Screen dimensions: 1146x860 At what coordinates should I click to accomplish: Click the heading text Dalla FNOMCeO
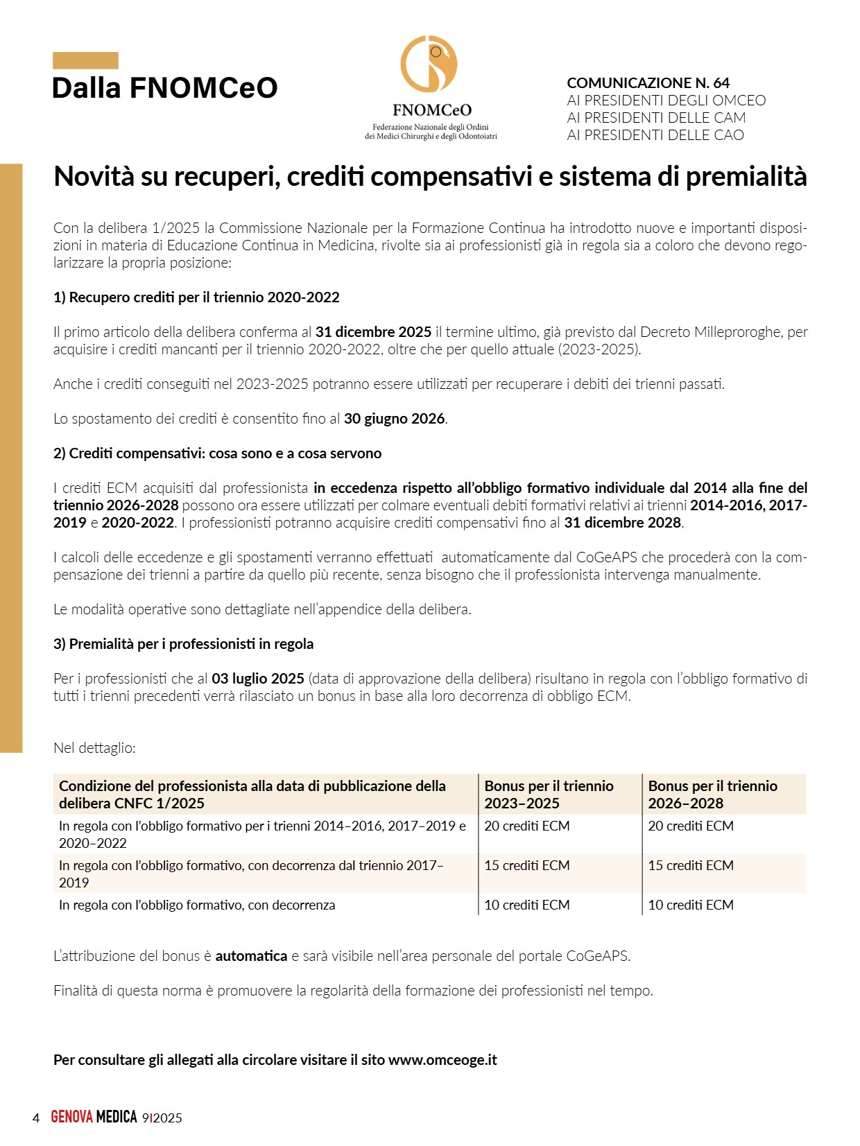click(x=164, y=88)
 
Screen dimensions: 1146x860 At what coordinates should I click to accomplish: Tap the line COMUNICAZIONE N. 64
click(x=648, y=83)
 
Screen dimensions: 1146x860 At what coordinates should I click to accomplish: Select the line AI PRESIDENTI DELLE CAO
click(x=655, y=135)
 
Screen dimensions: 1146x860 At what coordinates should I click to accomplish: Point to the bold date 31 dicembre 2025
click(x=373, y=332)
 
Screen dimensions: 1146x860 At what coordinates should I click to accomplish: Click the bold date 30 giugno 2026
click(x=395, y=419)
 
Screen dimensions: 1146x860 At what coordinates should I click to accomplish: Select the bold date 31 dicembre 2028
click(x=623, y=523)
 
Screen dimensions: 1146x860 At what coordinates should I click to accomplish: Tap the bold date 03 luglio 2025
click(x=257, y=679)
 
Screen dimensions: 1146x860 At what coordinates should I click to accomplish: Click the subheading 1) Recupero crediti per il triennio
click(x=196, y=297)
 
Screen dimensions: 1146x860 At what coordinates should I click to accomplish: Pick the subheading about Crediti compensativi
click(x=217, y=453)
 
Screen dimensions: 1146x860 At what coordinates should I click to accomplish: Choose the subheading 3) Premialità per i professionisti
click(x=183, y=644)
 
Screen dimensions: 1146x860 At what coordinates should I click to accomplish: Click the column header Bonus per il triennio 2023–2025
click(x=549, y=795)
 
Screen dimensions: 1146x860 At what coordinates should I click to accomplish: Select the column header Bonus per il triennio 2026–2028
click(x=712, y=795)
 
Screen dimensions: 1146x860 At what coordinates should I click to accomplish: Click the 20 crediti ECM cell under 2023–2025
click(x=526, y=826)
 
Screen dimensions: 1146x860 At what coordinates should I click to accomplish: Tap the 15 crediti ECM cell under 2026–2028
click(x=690, y=865)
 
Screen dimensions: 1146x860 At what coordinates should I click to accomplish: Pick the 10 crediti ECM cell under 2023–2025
click(x=526, y=905)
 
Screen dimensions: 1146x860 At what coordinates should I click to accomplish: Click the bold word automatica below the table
click(x=251, y=956)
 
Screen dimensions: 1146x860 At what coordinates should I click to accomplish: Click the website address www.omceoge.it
click(x=442, y=1060)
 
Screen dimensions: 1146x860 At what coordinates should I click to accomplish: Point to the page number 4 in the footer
click(x=36, y=1118)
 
